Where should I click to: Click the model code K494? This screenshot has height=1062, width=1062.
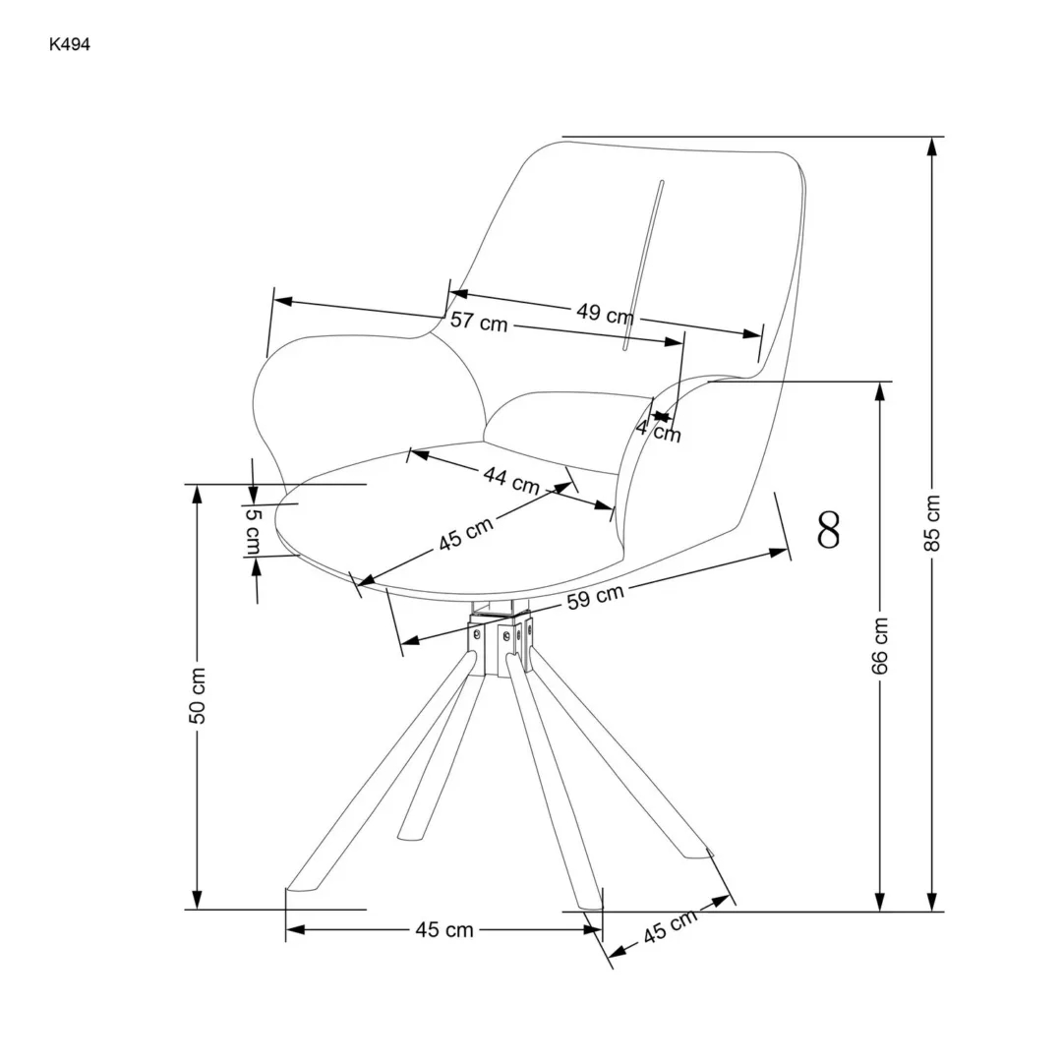click(x=69, y=44)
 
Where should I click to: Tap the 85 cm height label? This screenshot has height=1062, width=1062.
click(x=933, y=523)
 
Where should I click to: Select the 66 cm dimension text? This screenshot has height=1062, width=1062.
click(x=880, y=646)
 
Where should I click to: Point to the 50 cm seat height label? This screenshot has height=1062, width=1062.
click(x=198, y=695)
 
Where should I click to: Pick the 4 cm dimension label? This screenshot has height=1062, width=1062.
click(x=658, y=430)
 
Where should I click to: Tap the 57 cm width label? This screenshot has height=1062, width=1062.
click(x=479, y=322)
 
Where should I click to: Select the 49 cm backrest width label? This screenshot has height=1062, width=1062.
click(x=605, y=314)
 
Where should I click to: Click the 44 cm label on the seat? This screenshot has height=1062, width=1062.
click(x=510, y=479)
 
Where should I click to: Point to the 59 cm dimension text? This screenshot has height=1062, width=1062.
click(x=594, y=597)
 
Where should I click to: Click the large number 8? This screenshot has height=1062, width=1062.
click(x=829, y=530)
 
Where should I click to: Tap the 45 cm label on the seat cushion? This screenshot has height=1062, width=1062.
click(x=466, y=534)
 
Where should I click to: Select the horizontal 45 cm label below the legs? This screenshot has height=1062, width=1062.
click(x=444, y=930)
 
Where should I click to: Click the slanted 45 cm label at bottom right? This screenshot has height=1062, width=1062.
click(x=671, y=926)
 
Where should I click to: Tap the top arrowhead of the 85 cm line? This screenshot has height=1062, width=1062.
click(x=932, y=146)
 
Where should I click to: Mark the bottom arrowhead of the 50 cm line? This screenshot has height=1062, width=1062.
click(x=198, y=901)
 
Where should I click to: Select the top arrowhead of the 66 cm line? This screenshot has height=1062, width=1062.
click(x=880, y=390)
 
